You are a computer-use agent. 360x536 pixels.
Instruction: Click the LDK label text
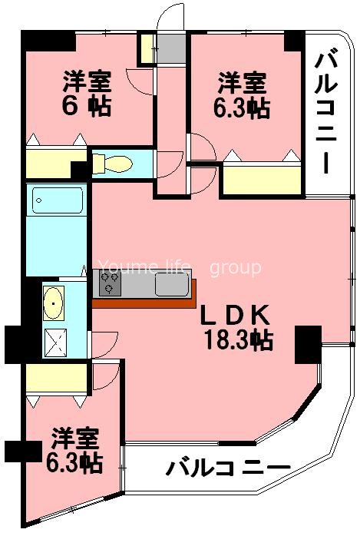coord(235,316)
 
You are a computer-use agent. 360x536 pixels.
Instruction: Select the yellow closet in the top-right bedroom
coord(262,179)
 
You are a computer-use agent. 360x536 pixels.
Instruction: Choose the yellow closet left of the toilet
coord(48,164)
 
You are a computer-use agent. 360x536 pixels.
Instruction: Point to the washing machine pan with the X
coord(54,341)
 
